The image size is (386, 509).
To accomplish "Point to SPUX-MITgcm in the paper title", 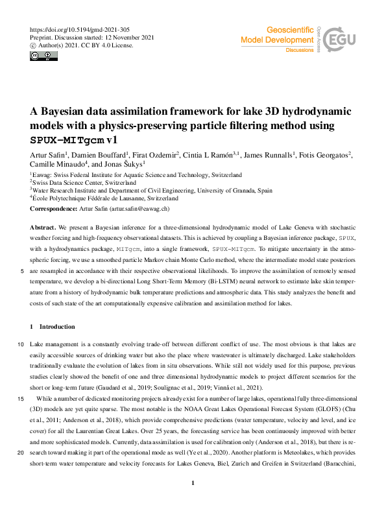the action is click(x=67, y=139).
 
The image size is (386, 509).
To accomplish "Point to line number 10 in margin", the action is click(x=21, y=344).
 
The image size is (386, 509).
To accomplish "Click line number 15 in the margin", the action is click(x=21, y=398).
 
